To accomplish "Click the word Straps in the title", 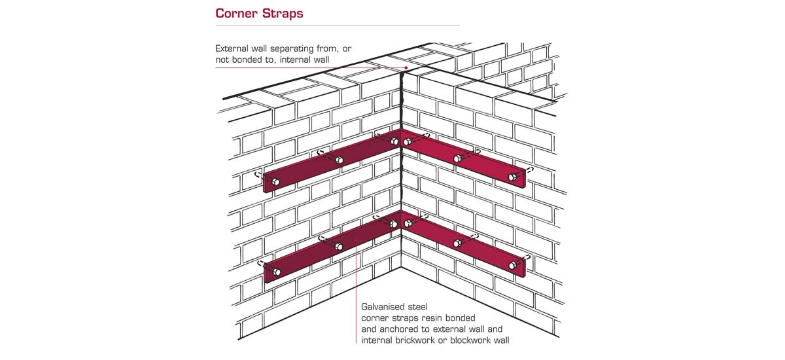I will [284, 14].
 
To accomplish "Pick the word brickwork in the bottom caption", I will [425, 340].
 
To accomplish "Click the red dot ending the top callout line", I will [406, 67].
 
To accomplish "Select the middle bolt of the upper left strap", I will [339, 160].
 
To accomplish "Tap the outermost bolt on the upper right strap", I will [512, 177].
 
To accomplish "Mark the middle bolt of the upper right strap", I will [457, 158].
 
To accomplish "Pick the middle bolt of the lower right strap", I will [457, 243].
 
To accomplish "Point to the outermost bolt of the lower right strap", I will [512, 265].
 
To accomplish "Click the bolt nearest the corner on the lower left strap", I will [394, 224].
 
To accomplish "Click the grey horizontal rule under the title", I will [338, 26].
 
